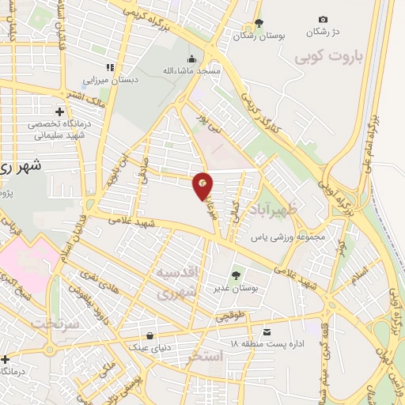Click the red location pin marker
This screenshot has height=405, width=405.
(202, 185)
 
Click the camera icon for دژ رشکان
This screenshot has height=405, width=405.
(323, 19)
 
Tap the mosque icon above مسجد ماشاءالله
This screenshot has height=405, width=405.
(191, 59)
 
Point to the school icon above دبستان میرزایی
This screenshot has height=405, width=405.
(110, 67)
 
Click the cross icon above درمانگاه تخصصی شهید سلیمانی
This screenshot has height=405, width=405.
(59, 112)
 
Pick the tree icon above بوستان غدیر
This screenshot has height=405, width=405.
(235, 277)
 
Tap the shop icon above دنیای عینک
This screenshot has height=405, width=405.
(150, 334)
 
